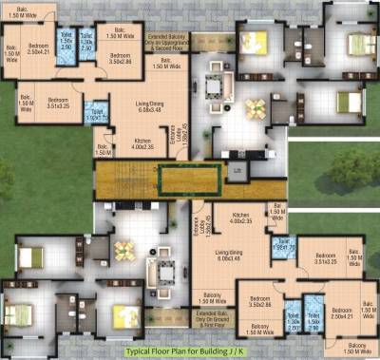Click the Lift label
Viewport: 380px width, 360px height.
coord(238,170)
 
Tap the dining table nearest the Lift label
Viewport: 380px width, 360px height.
coord(255,108)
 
